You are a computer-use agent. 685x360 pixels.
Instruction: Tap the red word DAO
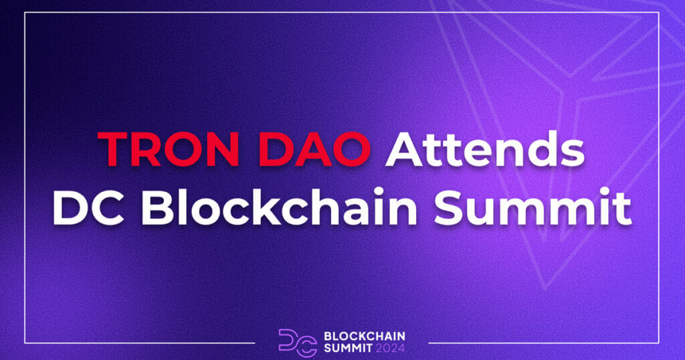click(320, 149)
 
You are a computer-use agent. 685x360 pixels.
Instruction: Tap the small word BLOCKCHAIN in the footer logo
click(364, 335)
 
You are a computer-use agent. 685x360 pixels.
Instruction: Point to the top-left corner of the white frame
click(25, 13)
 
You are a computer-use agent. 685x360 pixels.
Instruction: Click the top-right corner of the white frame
click(660, 13)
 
